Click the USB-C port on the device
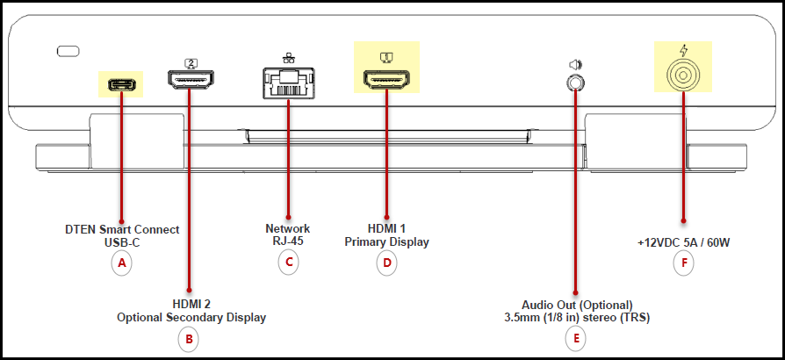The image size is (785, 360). (122, 84)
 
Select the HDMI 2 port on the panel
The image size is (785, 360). (191, 79)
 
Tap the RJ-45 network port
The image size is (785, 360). (288, 83)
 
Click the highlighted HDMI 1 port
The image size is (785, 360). (386, 79)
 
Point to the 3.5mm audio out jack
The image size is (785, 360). (576, 81)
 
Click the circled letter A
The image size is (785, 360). (122, 263)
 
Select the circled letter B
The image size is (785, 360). (189, 339)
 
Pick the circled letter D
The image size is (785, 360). (386, 263)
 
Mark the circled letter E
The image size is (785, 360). (576, 339)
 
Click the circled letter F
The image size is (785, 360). (683, 263)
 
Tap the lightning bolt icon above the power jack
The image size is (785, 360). (683, 50)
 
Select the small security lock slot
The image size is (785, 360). (68, 51)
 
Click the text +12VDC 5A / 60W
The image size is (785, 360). (683, 243)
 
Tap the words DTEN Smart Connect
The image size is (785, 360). (122, 230)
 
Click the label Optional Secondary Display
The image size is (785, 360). (191, 318)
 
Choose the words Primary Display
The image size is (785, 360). (387, 242)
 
